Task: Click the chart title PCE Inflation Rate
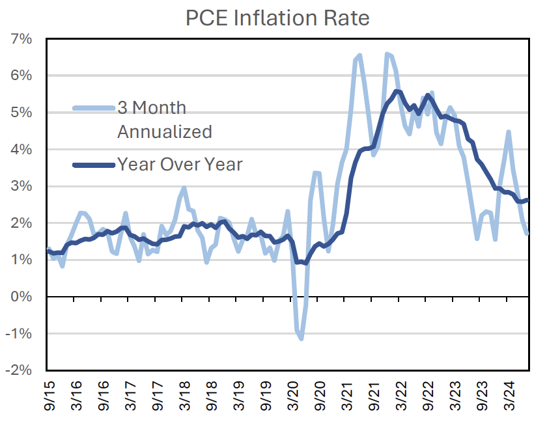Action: (277, 18)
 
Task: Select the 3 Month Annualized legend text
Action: (164, 119)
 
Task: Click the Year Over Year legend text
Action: (180, 164)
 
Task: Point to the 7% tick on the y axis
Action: (24, 39)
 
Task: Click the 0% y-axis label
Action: (24, 297)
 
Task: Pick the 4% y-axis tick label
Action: (24, 150)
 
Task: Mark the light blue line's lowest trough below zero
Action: (301, 338)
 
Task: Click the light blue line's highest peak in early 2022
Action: (387, 54)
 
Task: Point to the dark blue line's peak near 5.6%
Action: (398, 91)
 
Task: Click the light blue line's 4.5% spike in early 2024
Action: (508, 132)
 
